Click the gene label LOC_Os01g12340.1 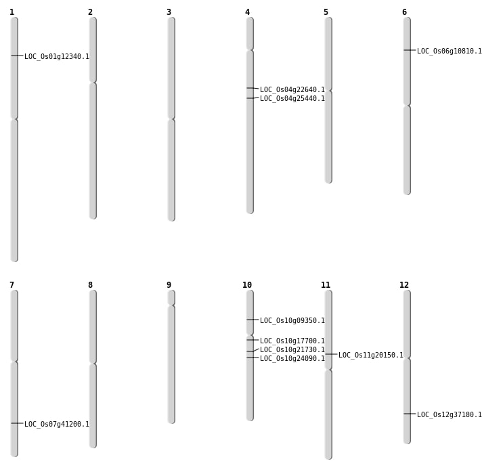click(x=57, y=57)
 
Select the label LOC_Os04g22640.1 click(x=292, y=90)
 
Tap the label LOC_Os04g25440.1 click(x=292, y=99)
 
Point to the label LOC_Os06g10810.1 click(x=450, y=51)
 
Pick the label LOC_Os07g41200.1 click(x=57, y=425)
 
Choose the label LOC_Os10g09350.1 click(x=292, y=321)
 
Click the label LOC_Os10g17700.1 click(x=292, y=341)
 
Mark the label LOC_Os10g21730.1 click(x=292, y=350)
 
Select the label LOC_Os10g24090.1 click(x=292, y=359)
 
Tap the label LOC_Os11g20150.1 click(x=371, y=355)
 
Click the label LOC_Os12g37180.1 click(x=450, y=415)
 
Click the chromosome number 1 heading click(x=12, y=12)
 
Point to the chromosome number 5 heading click(x=326, y=12)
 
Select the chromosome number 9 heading click(x=169, y=285)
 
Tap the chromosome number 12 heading click(x=404, y=285)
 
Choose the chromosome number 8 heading click(x=90, y=285)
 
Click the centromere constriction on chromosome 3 click(x=171, y=119)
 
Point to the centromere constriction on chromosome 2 click(x=93, y=83)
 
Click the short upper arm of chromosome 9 click(x=171, y=297)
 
